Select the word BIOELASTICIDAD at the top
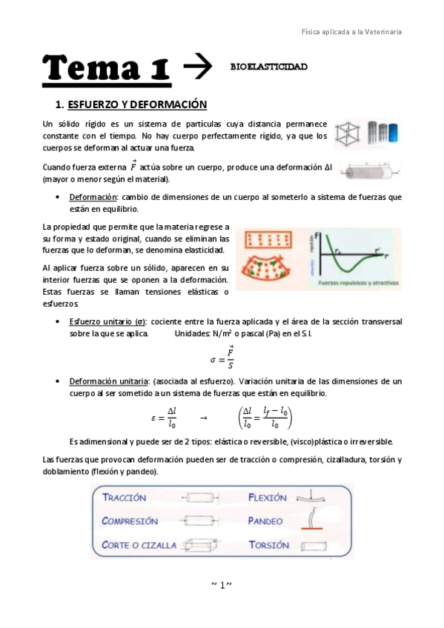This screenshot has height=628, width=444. [x=268, y=67]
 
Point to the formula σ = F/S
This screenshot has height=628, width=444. [x=222, y=358]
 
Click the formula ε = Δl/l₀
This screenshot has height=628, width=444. [x=165, y=418]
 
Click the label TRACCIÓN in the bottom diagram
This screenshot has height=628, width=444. [x=125, y=498]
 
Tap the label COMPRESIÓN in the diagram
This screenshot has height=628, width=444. [x=130, y=521]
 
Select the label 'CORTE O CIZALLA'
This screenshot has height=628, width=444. [x=139, y=544]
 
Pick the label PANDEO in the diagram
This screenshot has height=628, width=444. [x=266, y=521]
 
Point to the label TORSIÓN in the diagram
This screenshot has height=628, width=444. [x=269, y=544]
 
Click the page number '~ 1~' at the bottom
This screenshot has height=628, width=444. [x=222, y=585]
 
